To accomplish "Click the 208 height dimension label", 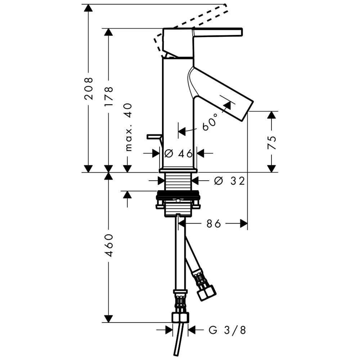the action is [89, 88].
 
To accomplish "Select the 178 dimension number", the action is [109, 96].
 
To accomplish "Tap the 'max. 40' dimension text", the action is [129, 127].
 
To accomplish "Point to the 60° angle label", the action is [210, 122].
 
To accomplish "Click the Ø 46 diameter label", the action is [179, 153].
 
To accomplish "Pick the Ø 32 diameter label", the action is [229, 181].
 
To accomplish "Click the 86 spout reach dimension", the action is [213, 224].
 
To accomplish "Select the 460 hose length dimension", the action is [109, 245].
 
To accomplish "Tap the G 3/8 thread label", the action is [227, 330].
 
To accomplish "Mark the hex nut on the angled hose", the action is [206, 292].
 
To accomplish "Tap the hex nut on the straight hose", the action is [180, 318].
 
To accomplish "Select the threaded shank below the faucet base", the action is [179, 181].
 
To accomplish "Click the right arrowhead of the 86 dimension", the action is [244, 224].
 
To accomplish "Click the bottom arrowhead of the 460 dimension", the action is [108, 319].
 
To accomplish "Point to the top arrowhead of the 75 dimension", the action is [271, 115].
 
